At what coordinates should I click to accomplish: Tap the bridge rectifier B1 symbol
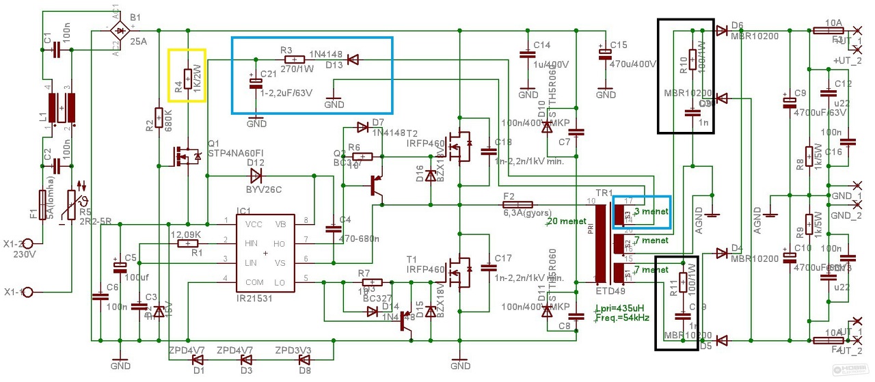pos(121,30)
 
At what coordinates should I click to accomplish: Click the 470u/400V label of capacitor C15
pos(633,64)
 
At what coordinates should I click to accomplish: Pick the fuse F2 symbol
pos(517,204)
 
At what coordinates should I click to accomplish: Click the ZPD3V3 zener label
pos(293,351)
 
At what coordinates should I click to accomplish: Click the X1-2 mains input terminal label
pos(31,244)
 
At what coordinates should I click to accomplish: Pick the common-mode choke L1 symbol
pos(62,109)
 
